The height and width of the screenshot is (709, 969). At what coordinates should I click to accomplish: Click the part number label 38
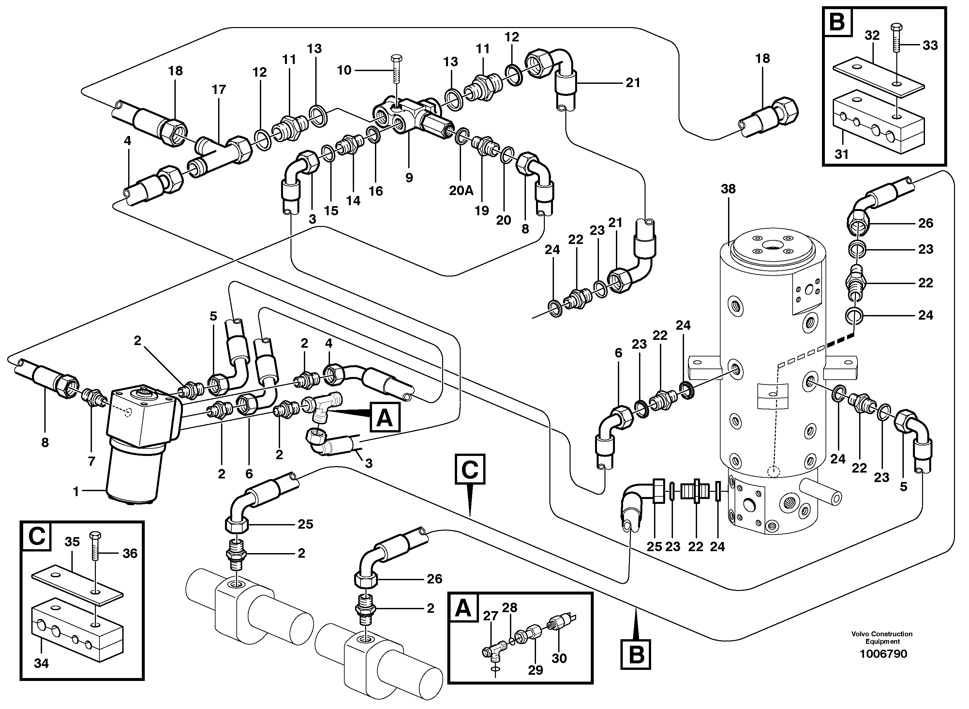728,189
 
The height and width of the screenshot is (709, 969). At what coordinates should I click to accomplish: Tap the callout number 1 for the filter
76,492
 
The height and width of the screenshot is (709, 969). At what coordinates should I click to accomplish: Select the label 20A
461,190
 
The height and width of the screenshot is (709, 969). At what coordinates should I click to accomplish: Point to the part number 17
219,90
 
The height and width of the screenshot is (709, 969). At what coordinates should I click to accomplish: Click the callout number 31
841,154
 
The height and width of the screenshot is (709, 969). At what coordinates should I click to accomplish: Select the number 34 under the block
41,664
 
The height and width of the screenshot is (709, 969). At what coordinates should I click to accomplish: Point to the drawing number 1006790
883,654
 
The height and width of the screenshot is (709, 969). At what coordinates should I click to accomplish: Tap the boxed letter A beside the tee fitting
385,417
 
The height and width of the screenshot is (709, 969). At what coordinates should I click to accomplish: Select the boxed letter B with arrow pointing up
636,655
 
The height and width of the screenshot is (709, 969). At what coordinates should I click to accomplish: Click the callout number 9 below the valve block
409,177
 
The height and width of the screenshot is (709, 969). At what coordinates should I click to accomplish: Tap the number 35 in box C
72,542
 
